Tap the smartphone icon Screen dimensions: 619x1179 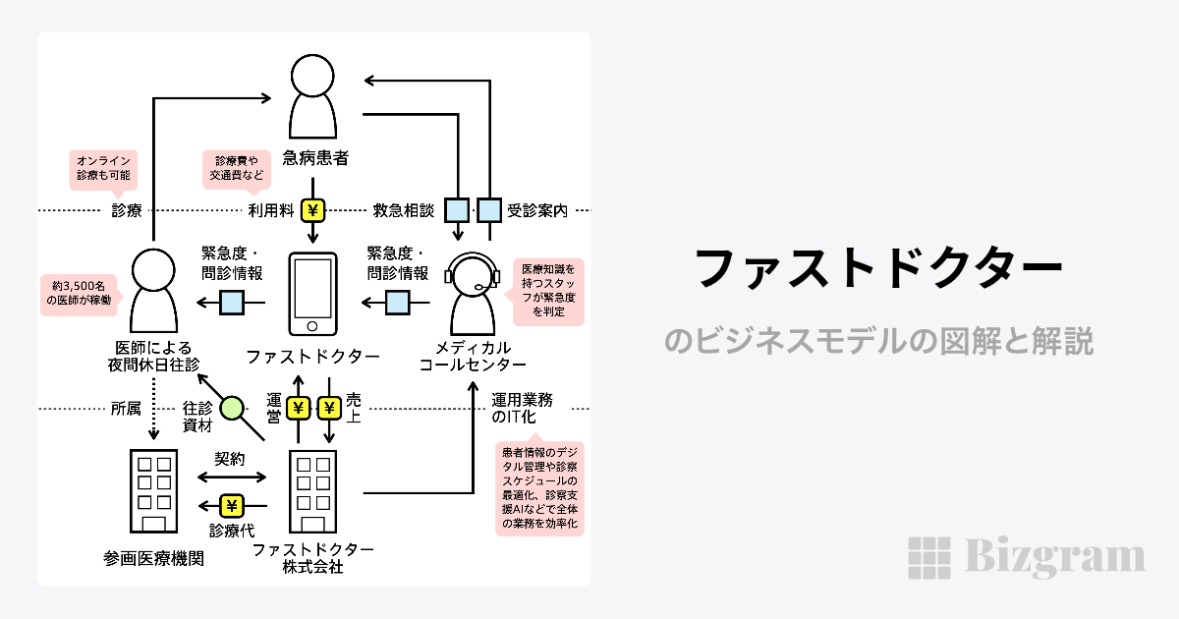point(312,294)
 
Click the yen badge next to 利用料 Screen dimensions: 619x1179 point(312,209)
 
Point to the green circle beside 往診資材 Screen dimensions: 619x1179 point(232,408)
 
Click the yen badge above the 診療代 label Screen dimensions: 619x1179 point(232,506)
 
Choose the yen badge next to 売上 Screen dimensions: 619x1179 point(328,408)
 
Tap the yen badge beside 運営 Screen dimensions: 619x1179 point(299,408)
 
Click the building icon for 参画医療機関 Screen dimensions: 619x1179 point(153,491)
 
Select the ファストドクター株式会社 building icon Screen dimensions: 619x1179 point(312,491)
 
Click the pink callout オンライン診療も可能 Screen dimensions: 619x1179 point(102,168)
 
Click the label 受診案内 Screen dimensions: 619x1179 point(537,209)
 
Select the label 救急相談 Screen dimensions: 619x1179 point(403,209)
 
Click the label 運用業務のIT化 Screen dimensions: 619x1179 point(522,408)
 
